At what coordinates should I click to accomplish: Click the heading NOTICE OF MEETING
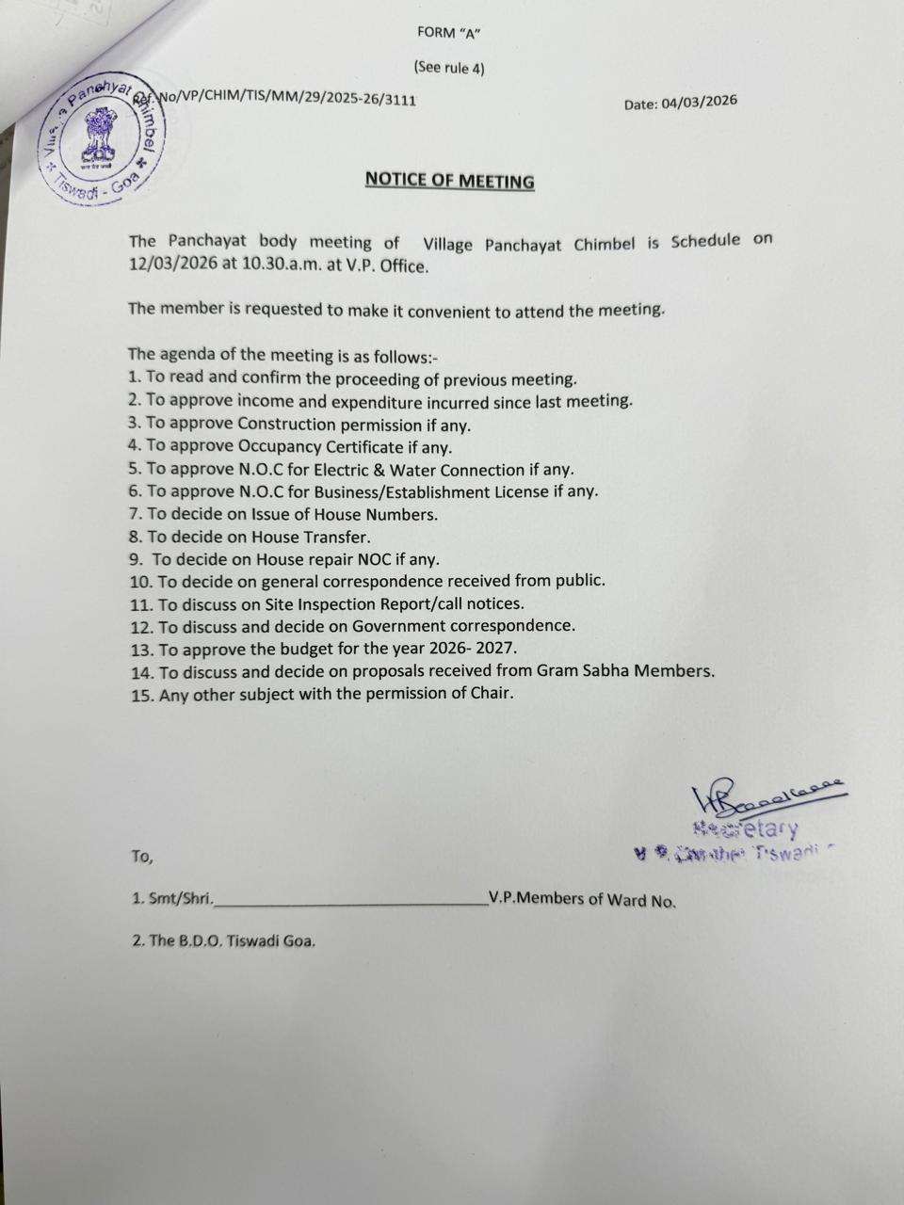449,180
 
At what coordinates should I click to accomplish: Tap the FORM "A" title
449,33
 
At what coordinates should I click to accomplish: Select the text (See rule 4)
449,68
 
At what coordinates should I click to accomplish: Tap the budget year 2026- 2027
466,649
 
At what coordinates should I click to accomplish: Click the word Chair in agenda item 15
492,694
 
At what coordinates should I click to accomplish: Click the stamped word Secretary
746,829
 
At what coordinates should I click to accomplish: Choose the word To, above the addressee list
141,857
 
